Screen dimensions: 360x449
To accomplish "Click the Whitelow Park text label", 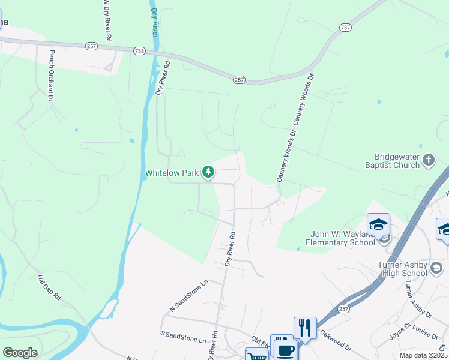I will coord(172,173).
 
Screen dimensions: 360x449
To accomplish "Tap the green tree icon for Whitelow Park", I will coord(208,172).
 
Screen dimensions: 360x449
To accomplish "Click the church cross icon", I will coord(428,160).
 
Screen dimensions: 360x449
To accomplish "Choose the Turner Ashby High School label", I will coord(402,269).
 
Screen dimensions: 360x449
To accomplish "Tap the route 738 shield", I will coord(139,52).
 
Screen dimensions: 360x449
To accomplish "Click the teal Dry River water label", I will coord(154,23).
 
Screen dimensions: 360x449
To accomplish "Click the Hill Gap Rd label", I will coord(50,289).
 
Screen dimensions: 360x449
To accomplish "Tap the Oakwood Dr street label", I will coord(336,340).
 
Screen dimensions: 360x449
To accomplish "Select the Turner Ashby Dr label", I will coord(418,298).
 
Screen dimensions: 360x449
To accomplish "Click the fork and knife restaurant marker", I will coord(305,328).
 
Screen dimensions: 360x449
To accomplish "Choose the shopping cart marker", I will coord(258,355).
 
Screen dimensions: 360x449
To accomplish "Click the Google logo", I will coord(20,352).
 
